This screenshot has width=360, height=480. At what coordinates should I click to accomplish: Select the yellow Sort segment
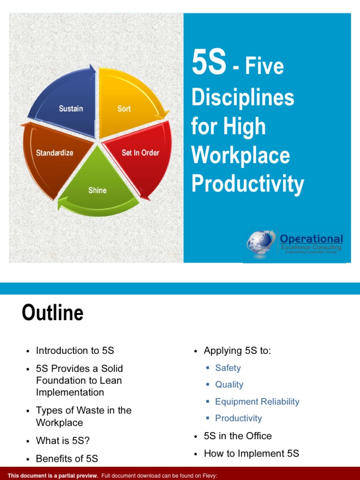click(x=127, y=105)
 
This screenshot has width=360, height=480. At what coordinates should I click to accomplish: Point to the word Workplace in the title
click(x=240, y=156)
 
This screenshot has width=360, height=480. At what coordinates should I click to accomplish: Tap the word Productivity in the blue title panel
click(x=247, y=184)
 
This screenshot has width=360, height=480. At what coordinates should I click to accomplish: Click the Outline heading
click(x=52, y=313)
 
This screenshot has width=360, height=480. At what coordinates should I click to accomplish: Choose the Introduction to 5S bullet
click(x=75, y=351)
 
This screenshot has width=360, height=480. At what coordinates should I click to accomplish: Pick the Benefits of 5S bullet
click(x=67, y=458)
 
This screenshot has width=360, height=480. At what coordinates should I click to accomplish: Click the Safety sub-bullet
click(x=228, y=368)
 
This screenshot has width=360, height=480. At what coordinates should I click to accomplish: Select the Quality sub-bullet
click(x=229, y=384)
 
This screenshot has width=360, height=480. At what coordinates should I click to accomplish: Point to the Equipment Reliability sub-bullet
click(x=257, y=401)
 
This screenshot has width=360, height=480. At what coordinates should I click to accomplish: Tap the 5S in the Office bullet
click(x=238, y=436)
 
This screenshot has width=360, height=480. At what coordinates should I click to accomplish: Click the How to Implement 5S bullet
click(x=251, y=453)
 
